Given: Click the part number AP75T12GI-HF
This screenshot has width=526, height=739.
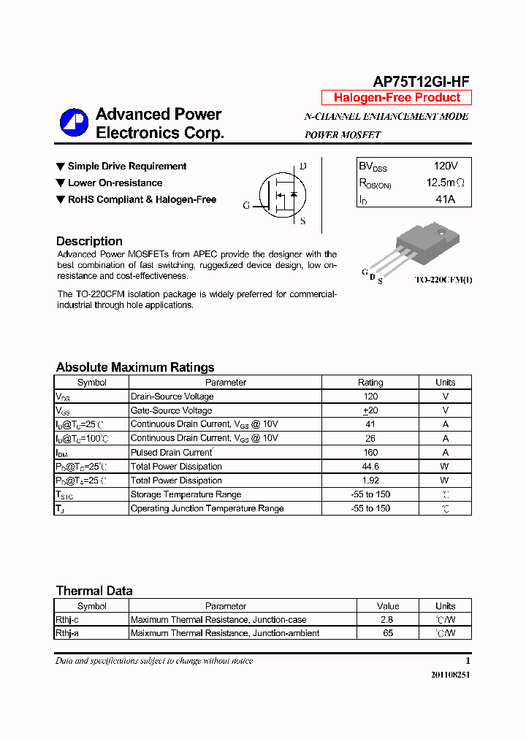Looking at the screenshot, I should (x=421, y=82).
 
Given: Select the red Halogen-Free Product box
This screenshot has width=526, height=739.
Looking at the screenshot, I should (x=397, y=98).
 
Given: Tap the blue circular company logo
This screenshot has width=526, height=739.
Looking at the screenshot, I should (x=74, y=123).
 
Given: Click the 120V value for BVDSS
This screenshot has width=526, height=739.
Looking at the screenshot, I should (x=445, y=166).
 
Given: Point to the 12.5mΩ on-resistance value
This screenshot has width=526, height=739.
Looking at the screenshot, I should (x=445, y=183).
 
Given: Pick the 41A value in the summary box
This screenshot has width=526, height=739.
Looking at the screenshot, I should (x=445, y=199).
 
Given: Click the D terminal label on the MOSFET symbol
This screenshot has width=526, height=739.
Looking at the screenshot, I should (x=303, y=166).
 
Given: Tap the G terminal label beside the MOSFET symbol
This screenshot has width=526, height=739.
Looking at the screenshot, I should (x=246, y=206).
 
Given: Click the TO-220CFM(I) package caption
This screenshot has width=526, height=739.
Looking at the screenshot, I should (x=443, y=280).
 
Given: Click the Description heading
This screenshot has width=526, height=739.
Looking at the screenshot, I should (x=89, y=241).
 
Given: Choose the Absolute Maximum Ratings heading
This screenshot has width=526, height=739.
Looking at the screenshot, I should (x=135, y=367).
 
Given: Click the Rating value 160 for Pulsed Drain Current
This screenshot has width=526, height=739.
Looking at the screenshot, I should (x=370, y=453).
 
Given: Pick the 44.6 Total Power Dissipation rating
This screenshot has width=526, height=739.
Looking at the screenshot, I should (x=370, y=467).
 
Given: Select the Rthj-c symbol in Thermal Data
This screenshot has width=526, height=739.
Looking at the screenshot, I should (x=66, y=620).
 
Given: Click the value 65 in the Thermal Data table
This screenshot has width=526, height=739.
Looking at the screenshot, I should (x=388, y=633).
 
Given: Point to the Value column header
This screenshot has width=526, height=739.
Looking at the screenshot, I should (x=388, y=606).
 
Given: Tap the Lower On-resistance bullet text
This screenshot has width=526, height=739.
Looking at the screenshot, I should (x=115, y=183).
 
